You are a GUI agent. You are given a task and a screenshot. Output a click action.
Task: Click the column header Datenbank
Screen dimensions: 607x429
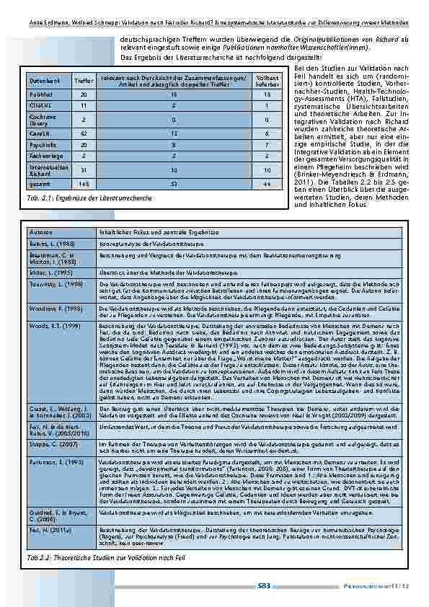pos(41,81)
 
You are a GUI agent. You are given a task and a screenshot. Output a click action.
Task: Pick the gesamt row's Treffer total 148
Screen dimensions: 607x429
pos(84,184)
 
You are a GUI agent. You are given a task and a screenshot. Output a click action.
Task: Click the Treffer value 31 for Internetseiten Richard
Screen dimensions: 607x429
pos(84,169)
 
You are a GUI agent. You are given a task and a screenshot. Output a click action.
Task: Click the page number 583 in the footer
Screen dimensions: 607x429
pos(263,586)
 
